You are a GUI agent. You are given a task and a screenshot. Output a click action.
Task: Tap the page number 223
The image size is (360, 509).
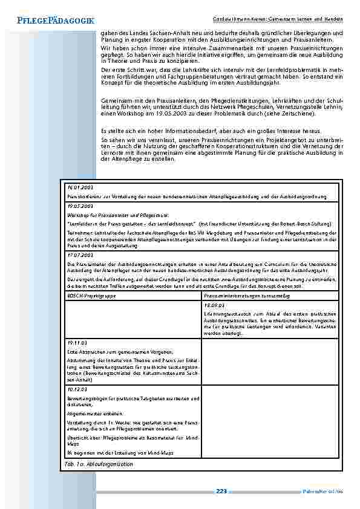click(x=221, y=491)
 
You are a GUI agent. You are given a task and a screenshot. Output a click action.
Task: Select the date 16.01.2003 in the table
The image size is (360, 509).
click(x=77, y=187)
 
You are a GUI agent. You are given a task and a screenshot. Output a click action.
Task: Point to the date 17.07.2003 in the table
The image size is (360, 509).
click(x=77, y=256)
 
